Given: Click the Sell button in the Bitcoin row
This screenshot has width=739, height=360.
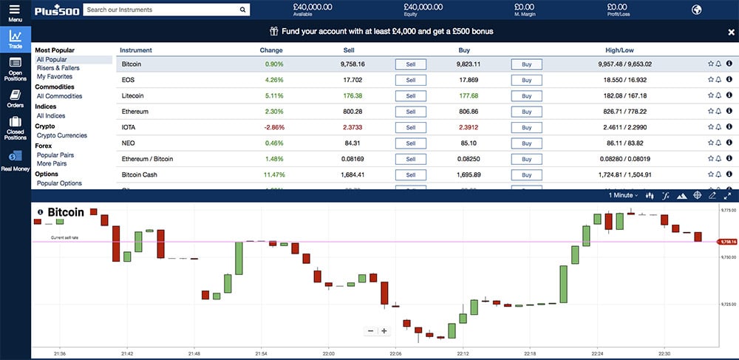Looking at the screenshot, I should tap(410, 64).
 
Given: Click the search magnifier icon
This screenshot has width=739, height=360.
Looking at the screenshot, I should tap(243, 10).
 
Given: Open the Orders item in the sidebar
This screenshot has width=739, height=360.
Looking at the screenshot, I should tap(15, 99).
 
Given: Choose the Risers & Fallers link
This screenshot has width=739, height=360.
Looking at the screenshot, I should tap(58, 68).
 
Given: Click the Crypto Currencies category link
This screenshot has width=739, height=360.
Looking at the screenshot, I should tap(62, 135).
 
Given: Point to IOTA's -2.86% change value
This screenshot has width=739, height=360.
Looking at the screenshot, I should tap(273, 127).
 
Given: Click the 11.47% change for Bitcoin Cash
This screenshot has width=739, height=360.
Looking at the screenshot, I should tap(273, 175).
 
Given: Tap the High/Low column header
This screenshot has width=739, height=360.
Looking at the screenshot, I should tap(619, 50).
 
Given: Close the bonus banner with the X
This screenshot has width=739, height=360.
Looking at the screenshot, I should tap(732, 32).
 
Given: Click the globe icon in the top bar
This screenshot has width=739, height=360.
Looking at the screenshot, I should tap(696, 10).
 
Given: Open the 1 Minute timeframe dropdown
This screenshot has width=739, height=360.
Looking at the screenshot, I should tap(624, 195).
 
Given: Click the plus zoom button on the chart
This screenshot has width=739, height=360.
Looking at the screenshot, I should tap(384, 331).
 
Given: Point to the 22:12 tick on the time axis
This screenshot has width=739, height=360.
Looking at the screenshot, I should tap(463, 354).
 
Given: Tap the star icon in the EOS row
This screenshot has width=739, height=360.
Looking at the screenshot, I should tap(710, 80).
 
